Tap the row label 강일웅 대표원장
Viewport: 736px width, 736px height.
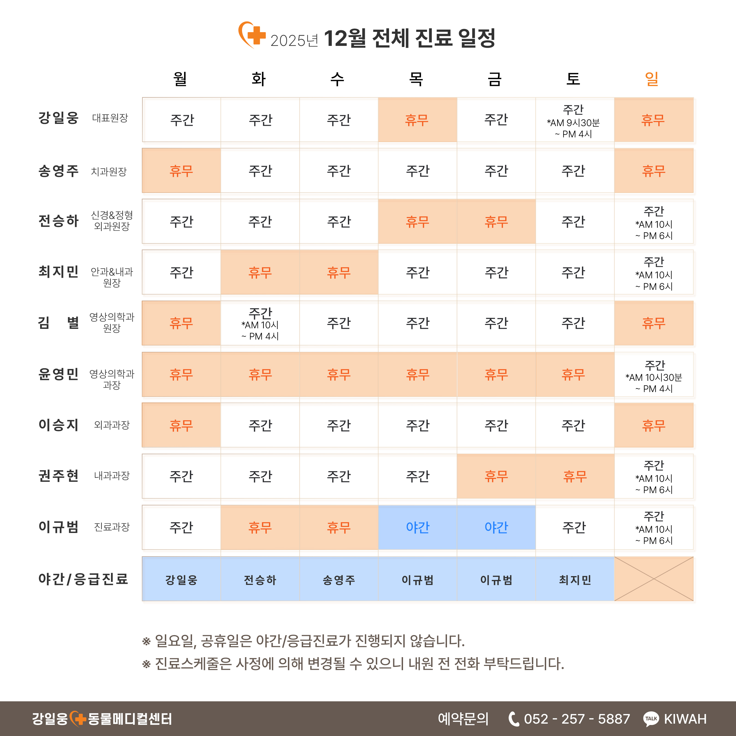pyautogui.click(x=83, y=118)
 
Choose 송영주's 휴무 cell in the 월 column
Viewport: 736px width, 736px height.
pyautogui.click(x=181, y=171)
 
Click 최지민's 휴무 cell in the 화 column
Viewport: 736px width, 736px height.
pyautogui.click(x=260, y=272)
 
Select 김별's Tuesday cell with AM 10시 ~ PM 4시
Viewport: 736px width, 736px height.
pyautogui.click(x=260, y=323)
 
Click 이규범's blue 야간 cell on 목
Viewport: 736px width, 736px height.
pyautogui.click(x=418, y=527)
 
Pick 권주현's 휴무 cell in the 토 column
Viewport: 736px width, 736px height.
pyautogui.click(x=574, y=476)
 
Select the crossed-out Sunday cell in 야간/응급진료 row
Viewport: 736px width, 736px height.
pyautogui.click(x=654, y=579)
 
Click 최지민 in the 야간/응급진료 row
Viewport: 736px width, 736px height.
pyautogui.click(x=574, y=580)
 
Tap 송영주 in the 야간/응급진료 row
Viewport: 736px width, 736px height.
pyautogui.click(x=339, y=580)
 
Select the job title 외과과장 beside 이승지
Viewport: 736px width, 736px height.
pyautogui.click(x=112, y=425)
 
